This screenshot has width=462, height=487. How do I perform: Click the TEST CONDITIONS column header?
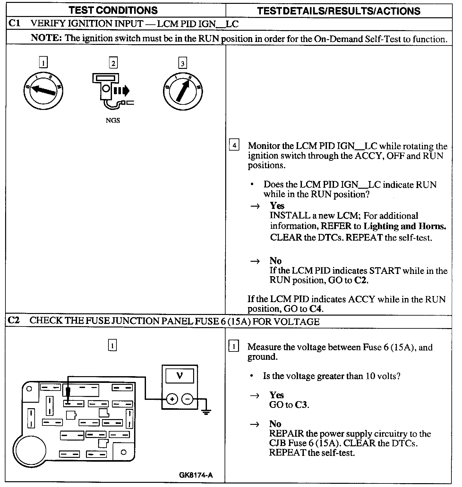(113, 10)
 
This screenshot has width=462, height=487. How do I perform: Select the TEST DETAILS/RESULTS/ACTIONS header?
(339, 11)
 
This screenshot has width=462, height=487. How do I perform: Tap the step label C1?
(14, 24)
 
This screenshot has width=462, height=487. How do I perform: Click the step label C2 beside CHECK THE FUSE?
(14, 320)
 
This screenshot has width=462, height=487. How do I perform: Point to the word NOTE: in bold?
(46, 38)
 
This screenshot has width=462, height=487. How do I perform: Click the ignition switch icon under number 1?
(43, 91)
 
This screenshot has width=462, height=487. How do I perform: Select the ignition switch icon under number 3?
(183, 91)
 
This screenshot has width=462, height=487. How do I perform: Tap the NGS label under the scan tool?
(113, 121)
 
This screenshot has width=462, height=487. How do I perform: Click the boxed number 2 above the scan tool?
(113, 63)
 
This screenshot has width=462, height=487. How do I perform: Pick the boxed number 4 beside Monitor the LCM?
(234, 146)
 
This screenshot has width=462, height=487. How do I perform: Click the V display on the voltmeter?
(180, 376)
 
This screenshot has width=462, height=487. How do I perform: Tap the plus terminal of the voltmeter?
(172, 399)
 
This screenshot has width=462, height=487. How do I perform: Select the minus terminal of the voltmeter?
(187, 399)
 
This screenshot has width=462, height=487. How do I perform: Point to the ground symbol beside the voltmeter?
(206, 410)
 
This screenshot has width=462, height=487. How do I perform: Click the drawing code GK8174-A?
(195, 475)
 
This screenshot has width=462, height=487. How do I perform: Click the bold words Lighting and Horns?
(405, 226)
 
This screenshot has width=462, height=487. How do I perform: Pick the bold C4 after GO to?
(316, 309)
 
